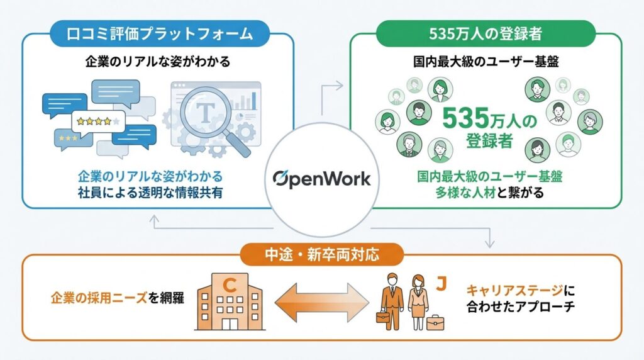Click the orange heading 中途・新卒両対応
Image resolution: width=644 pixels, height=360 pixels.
[x=321, y=255]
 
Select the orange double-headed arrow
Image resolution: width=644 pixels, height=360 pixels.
[x=322, y=300]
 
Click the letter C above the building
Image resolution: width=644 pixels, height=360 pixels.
[x=230, y=285]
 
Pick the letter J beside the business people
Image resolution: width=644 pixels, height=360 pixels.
[x=441, y=284]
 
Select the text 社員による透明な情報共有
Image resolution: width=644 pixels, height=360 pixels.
[x=150, y=193]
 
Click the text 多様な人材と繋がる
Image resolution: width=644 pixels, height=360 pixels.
[x=489, y=193]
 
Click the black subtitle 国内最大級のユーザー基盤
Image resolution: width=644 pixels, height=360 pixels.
[x=488, y=62]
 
